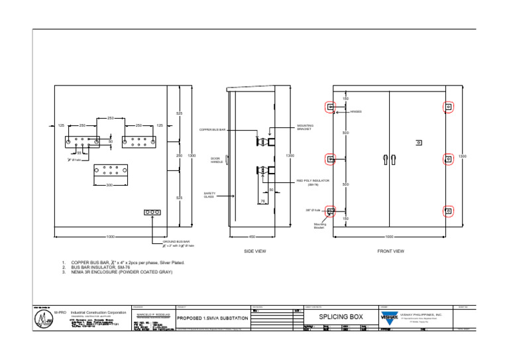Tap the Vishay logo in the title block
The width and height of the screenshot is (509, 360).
click(388, 317)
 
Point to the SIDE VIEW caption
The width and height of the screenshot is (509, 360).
click(255, 251)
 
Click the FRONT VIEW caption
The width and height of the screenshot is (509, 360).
click(390, 251)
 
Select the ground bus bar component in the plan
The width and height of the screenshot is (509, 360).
click(152, 213)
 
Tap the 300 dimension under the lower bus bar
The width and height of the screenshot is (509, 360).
click(109, 185)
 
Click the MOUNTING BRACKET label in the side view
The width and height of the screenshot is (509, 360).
click(306, 127)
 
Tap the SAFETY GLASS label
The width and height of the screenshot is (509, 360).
click(209, 196)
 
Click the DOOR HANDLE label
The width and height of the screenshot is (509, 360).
click(216, 160)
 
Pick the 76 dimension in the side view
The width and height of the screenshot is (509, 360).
click(262, 201)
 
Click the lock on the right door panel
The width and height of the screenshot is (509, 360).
click(418, 143)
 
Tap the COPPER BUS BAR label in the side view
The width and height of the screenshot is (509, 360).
click(213, 130)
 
